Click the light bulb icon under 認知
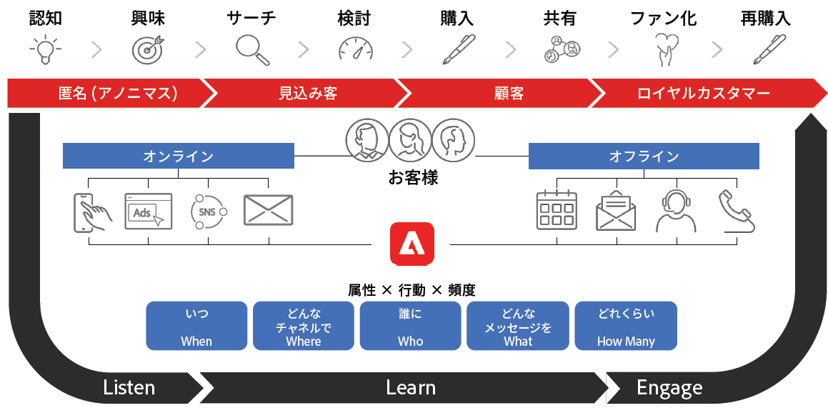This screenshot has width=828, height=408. point(44,49)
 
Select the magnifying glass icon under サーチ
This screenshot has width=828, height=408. point(252,49)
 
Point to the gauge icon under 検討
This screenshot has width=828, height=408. point(356,49)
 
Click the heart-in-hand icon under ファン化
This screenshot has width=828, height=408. point(665,49)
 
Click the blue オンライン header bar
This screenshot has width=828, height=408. point(179,156)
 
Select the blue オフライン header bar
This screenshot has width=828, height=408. point(644,156)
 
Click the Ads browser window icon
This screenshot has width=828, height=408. point(149,212)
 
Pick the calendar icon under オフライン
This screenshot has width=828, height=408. point(557,210)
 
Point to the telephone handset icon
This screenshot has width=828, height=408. point(736,212)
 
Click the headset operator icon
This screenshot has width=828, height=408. point(676,212)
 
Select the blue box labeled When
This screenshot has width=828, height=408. point(196,326)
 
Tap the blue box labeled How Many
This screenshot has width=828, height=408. point(625,326)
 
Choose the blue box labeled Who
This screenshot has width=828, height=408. point(411,326)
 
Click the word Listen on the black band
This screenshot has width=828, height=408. point(129,388)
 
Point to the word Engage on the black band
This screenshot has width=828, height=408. point(669,388)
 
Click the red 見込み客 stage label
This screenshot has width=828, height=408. point(308,94)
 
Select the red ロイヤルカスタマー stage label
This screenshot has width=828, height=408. point(703,94)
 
